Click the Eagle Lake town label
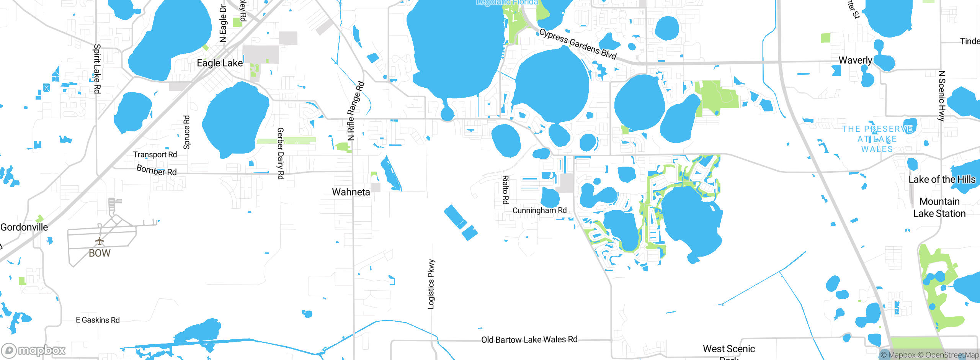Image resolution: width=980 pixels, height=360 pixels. coord(220,63)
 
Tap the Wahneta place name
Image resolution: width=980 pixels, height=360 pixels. coord(351,192)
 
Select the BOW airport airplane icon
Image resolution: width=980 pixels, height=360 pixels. coord(100,241)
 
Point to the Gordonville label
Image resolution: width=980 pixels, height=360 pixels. coord(24,227)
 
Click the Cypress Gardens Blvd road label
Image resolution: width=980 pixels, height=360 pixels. coord(578,44)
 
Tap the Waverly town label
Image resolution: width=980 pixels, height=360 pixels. coord(855,60)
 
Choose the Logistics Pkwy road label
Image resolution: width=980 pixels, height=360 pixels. coord(431,284)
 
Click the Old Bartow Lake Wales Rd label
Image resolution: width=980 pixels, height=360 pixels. coord(529,340)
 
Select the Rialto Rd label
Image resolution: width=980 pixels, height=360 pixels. coord(505,190)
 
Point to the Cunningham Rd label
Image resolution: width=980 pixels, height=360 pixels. coord(539,210)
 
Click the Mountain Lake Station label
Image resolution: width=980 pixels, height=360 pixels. coord(939,207)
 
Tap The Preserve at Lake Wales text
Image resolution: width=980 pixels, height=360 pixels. coord(877,139)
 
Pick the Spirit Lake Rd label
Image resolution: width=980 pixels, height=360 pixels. coord(97,69)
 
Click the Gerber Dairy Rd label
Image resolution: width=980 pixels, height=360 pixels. coord(280,153)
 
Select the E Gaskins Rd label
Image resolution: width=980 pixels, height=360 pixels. coord(98,320)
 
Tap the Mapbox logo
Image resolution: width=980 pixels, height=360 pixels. coord(34,350)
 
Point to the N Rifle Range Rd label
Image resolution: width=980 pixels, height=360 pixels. coord(355,111)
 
